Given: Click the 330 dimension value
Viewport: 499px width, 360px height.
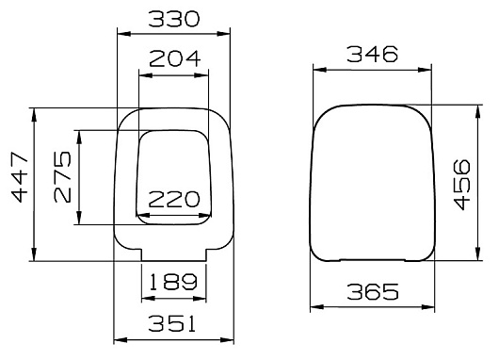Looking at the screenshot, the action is (x=174, y=19).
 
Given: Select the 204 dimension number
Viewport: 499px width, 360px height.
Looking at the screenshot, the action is (x=175, y=58).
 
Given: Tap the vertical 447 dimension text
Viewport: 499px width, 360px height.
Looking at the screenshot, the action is (x=20, y=178).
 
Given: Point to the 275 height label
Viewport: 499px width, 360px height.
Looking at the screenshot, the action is (x=62, y=177).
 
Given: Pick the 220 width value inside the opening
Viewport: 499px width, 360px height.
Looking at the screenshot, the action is (x=174, y=200).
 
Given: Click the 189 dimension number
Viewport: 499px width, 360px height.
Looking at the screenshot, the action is (x=173, y=282).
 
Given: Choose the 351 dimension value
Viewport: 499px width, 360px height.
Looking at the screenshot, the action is (x=171, y=323).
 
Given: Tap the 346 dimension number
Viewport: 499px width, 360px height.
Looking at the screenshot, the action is (x=372, y=54).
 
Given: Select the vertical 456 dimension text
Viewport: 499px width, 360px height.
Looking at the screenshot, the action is (x=461, y=185).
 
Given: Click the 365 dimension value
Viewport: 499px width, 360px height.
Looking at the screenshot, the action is (x=373, y=292).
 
